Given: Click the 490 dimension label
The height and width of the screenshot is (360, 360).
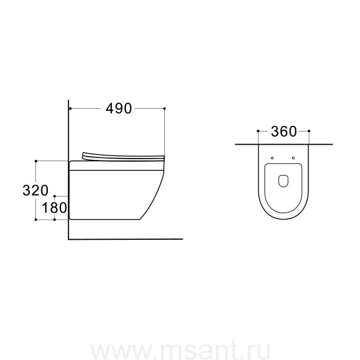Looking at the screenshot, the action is tap(119, 109).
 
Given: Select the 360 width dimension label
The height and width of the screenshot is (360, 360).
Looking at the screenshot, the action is tap(284, 132).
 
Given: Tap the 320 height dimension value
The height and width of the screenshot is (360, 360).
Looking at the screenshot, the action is tap(35, 190).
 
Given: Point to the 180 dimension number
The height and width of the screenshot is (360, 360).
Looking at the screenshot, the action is tap(54, 208).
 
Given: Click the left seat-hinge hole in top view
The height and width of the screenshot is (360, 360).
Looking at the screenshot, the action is tap(273, 158).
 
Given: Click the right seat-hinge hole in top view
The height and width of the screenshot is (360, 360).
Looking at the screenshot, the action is tap(293, 158).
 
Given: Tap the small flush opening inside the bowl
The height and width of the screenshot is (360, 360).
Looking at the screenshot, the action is tap(283, 181).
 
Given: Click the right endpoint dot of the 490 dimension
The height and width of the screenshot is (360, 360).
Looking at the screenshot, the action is tap(164, 108).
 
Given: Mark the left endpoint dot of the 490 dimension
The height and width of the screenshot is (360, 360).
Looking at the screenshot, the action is tap(70, 108).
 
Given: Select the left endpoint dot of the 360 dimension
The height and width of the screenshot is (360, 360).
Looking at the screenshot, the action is tap(258, 131).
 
